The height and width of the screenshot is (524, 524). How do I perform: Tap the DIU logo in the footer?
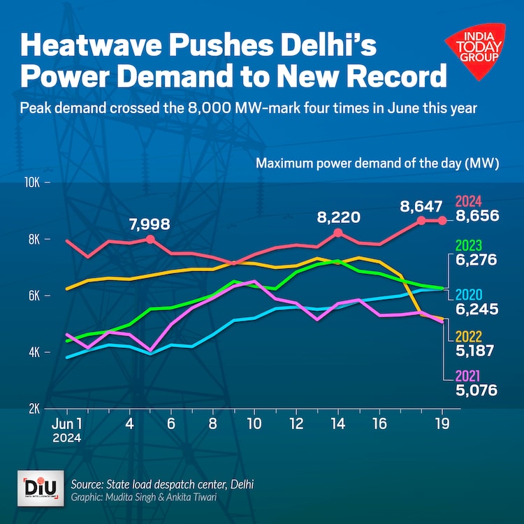click(x=34, y=487)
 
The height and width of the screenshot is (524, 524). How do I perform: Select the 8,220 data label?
click(x=338, y=217)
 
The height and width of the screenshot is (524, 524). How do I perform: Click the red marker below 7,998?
click(x=150, y=239)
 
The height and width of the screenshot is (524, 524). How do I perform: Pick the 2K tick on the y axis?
click(x=34, y=409)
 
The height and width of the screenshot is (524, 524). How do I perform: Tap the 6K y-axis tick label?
click(x=34, y=296)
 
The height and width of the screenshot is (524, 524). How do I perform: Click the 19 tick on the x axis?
click(x=442, y=424)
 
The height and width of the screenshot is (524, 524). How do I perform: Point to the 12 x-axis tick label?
click(x=296, y=424)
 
